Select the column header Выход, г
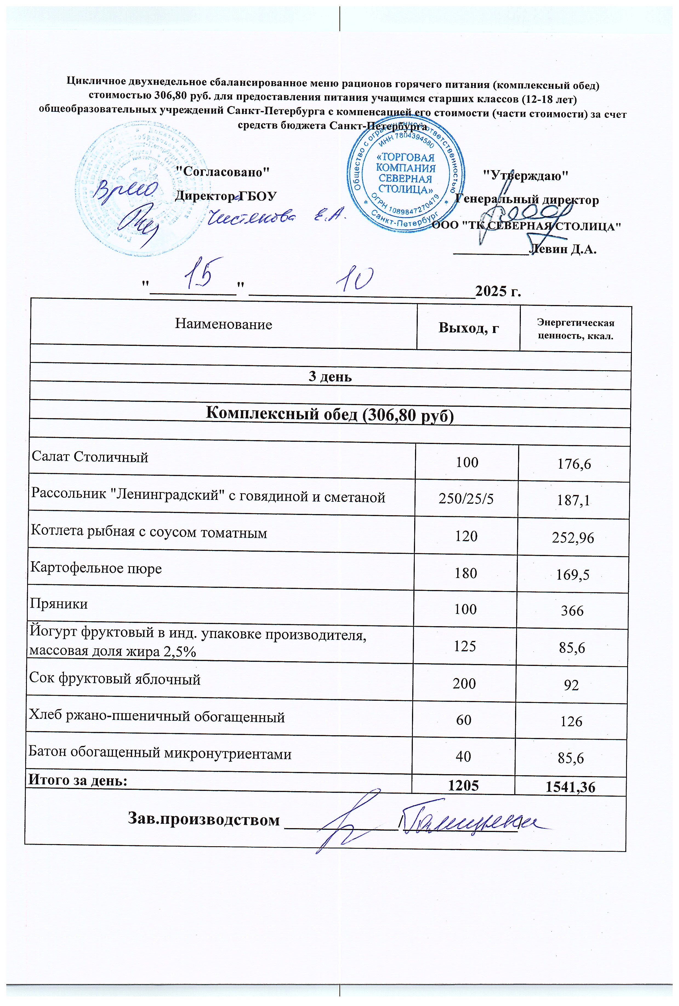coord(468,328)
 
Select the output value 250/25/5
coord(466,499)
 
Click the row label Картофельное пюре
coord(96,568)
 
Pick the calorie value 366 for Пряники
coord(572,611)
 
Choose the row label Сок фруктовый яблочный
coord(115,679)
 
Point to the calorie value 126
coord(572,722)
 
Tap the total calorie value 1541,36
coord(571,788)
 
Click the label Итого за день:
coord(78,780)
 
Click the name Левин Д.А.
coord(563,250)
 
